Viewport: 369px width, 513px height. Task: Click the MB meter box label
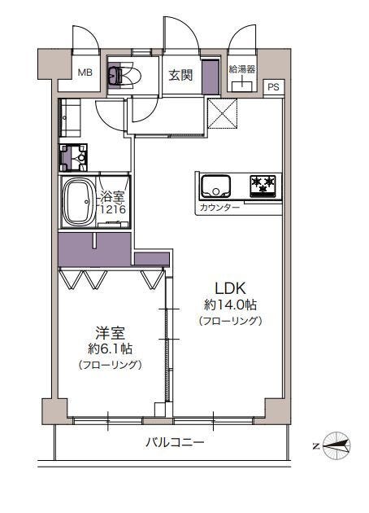(x=85, y=72)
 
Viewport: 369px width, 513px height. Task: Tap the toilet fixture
(x=124, y=75)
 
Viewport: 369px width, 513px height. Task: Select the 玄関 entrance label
(x=180, y=76)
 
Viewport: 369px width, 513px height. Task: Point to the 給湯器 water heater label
(x=242, y=69)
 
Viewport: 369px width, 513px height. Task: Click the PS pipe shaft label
(x=274, y=87)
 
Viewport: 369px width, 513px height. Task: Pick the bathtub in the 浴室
(x=79, y=202)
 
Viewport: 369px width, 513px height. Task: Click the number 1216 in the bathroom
(x=113, y=209)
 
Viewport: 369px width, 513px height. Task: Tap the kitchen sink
(x=215, y=186)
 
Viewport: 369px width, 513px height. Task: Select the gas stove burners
(x=263, y=186)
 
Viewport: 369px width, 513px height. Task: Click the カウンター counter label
(x=219, y=208)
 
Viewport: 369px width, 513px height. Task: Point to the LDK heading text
(x=230, y=288)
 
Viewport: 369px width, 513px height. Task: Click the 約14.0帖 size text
(x=230, y=305)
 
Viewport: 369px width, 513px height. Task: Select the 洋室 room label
(x=110, y=333)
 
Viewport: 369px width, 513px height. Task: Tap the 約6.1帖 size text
(x=110, y=349)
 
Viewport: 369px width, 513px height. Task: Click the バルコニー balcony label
(x=175, y=443)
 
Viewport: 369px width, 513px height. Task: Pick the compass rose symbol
(x=336, y=445)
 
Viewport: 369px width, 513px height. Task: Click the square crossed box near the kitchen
(x=223, y=113)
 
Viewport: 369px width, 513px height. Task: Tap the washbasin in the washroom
(x=73, y=158)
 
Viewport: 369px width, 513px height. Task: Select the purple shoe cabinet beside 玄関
(x=211, y=77)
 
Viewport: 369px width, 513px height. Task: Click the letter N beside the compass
(x=316, y=446)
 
